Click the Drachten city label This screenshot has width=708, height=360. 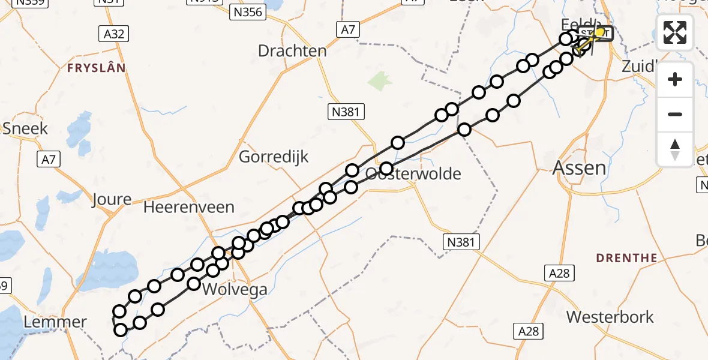tap(292, 51)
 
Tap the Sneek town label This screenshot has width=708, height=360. tap(25, 128)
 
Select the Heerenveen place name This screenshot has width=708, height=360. tap(189, 208)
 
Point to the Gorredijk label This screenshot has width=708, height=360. tap(274, 157)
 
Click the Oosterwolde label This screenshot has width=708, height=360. tap(414, 174)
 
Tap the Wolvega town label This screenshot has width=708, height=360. tap(235, 290)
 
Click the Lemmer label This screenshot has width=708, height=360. tap(55, 322)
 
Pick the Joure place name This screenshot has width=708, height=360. tap(112, 199)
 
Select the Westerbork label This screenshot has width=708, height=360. tap(610, 317)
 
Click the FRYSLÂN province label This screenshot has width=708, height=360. tap(97, 68)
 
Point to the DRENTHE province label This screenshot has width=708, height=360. tap(626, 258)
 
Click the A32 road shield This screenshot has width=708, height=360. tap(113, 34)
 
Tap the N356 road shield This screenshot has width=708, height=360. tap(247, 11)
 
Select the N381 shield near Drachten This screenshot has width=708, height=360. tap(347, 111)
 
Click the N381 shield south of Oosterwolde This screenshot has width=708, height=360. tap(462, 242)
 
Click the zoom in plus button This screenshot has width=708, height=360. tap(675, 79)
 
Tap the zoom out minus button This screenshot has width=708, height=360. tap(675, 114)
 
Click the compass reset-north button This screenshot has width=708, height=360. tap(675, 149)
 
